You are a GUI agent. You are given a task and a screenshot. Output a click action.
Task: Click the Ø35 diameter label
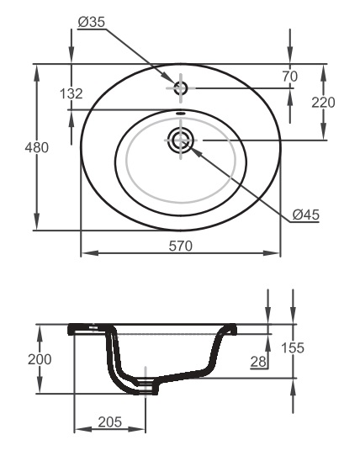(x=92, y=23)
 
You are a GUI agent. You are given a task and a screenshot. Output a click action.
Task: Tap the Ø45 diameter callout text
(x=305, y=215)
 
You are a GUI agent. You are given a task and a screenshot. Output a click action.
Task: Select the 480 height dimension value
(x=37, y=148)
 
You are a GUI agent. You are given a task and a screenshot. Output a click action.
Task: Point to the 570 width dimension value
(x=181, y=246)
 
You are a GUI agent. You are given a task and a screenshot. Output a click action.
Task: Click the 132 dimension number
(x=71, y=93)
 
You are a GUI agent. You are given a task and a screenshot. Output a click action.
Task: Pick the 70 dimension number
(x=290, y=77)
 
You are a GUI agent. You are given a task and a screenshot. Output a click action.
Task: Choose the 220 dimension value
(x=323, y=103)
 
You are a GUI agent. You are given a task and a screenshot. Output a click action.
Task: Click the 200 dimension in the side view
(x=40, y=359)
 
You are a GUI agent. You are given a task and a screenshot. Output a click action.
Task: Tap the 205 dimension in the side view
(x=110, y=422)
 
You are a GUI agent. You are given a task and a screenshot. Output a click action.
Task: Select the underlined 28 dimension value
(x=258, y=362)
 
